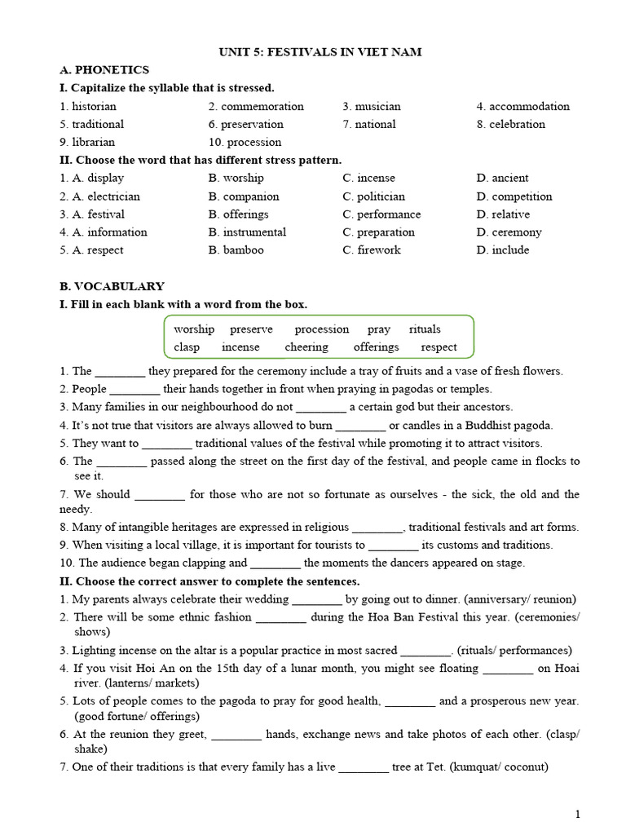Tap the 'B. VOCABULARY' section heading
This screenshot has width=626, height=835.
112,286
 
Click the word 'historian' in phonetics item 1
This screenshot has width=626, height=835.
94,106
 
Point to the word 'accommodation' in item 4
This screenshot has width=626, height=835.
529,106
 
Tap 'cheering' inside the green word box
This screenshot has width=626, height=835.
306,347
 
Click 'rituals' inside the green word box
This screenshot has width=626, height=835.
425,329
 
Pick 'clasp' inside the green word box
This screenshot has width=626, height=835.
187,347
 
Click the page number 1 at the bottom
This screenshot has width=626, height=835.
578,814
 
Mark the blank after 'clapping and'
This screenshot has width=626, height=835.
276,563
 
